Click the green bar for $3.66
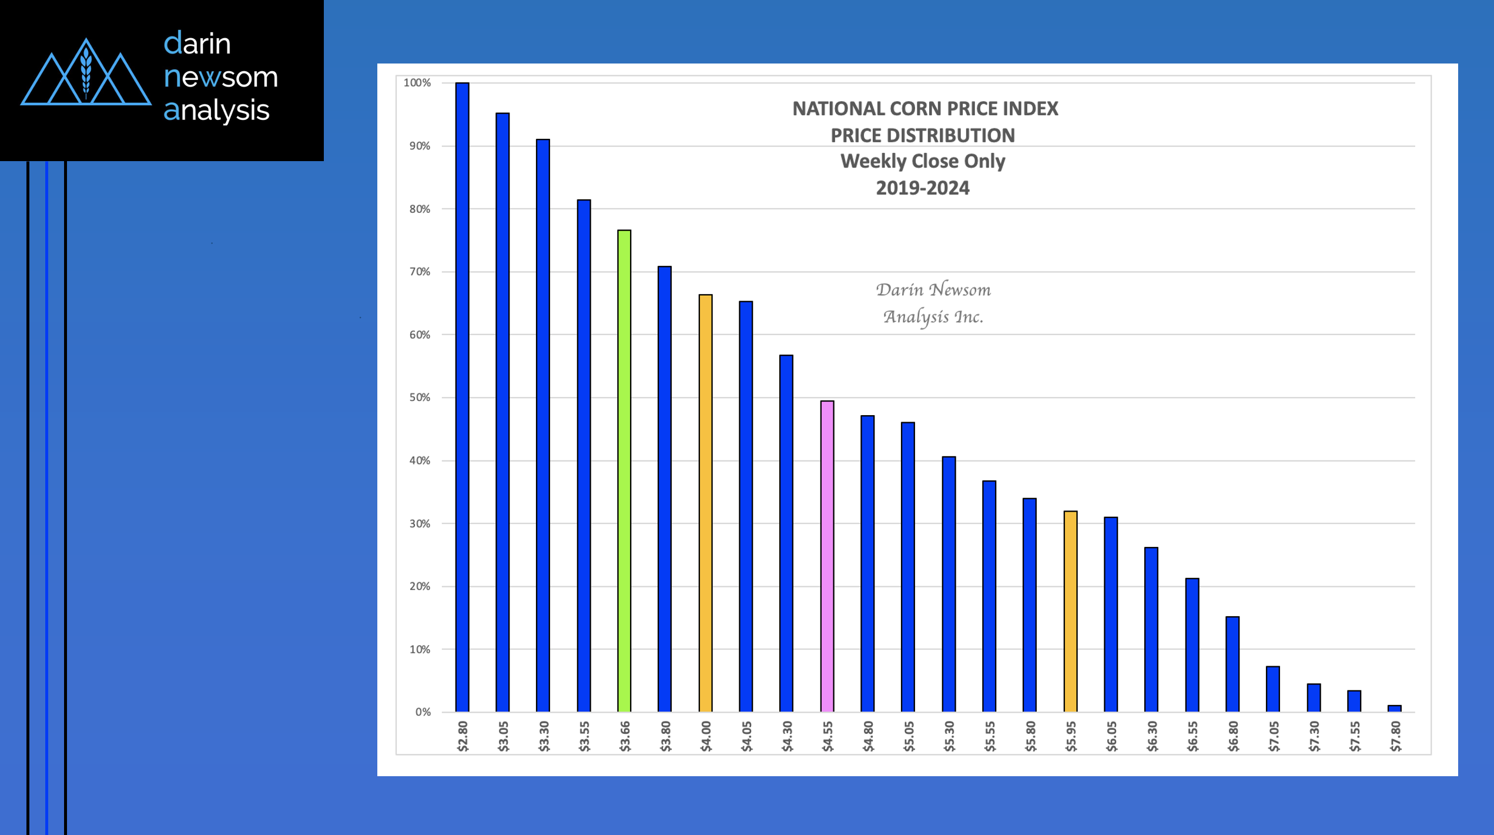[x=624, y=470]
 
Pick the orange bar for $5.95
[x=1070, y=612]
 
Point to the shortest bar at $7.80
[x=1395, y=709]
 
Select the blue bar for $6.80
[x=1232, y=664]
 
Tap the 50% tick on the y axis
[x=420, y=398]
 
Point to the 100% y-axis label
[x=417, y=83]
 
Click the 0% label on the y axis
[x=423, y=712]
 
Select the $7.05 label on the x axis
[x=1274, y=736]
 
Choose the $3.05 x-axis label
[x=503, y=736]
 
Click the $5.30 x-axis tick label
[x=949, y=736]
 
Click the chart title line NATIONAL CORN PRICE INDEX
[x=925, y=109]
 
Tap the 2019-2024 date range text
[x=923, y=188]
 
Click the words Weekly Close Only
[x=923, y=161]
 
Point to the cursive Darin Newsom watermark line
[x=933, y=290]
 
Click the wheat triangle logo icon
[x=86, y=74]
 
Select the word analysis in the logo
[x=216, y=110]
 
